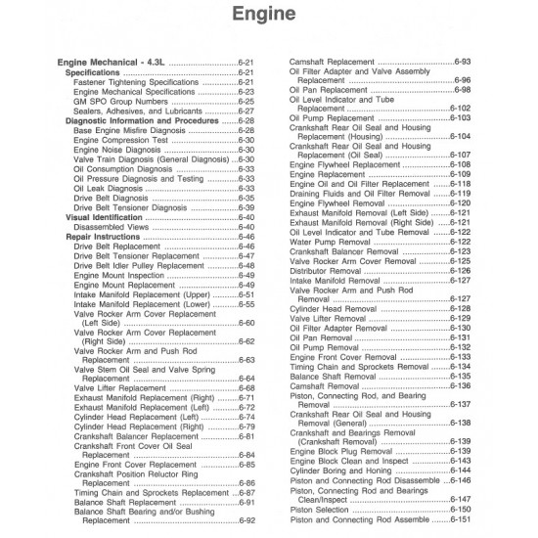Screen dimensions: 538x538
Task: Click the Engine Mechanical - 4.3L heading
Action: [113, 63]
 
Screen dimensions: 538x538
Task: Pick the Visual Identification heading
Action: [106, 217]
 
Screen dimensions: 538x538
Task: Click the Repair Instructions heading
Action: [103, 237]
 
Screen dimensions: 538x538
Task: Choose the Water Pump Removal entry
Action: [329, 242]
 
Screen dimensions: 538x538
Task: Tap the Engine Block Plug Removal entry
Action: [341, 452]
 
